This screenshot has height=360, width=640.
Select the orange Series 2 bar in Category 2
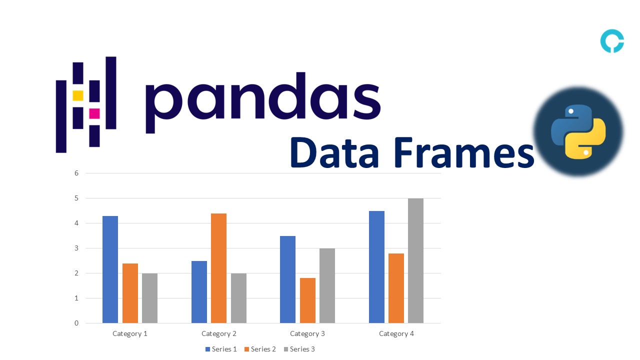pos(218,268)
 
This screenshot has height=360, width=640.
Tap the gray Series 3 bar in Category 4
pos(415,260)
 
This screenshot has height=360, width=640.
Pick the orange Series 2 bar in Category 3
pos(307,300)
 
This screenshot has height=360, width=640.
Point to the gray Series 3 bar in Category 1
pos(149,298)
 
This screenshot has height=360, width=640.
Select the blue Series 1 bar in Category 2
pos(199,291)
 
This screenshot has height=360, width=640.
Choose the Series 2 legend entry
pos(260,349)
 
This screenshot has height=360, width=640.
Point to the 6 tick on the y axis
pos(76,173)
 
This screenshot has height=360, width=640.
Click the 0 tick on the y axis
pos(76,323)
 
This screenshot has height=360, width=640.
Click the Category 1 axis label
pos(130,333)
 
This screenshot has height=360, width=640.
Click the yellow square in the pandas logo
pos(78,95)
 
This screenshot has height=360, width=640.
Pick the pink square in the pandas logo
pos(94,113)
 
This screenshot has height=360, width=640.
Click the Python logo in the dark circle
pos(578,132)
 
